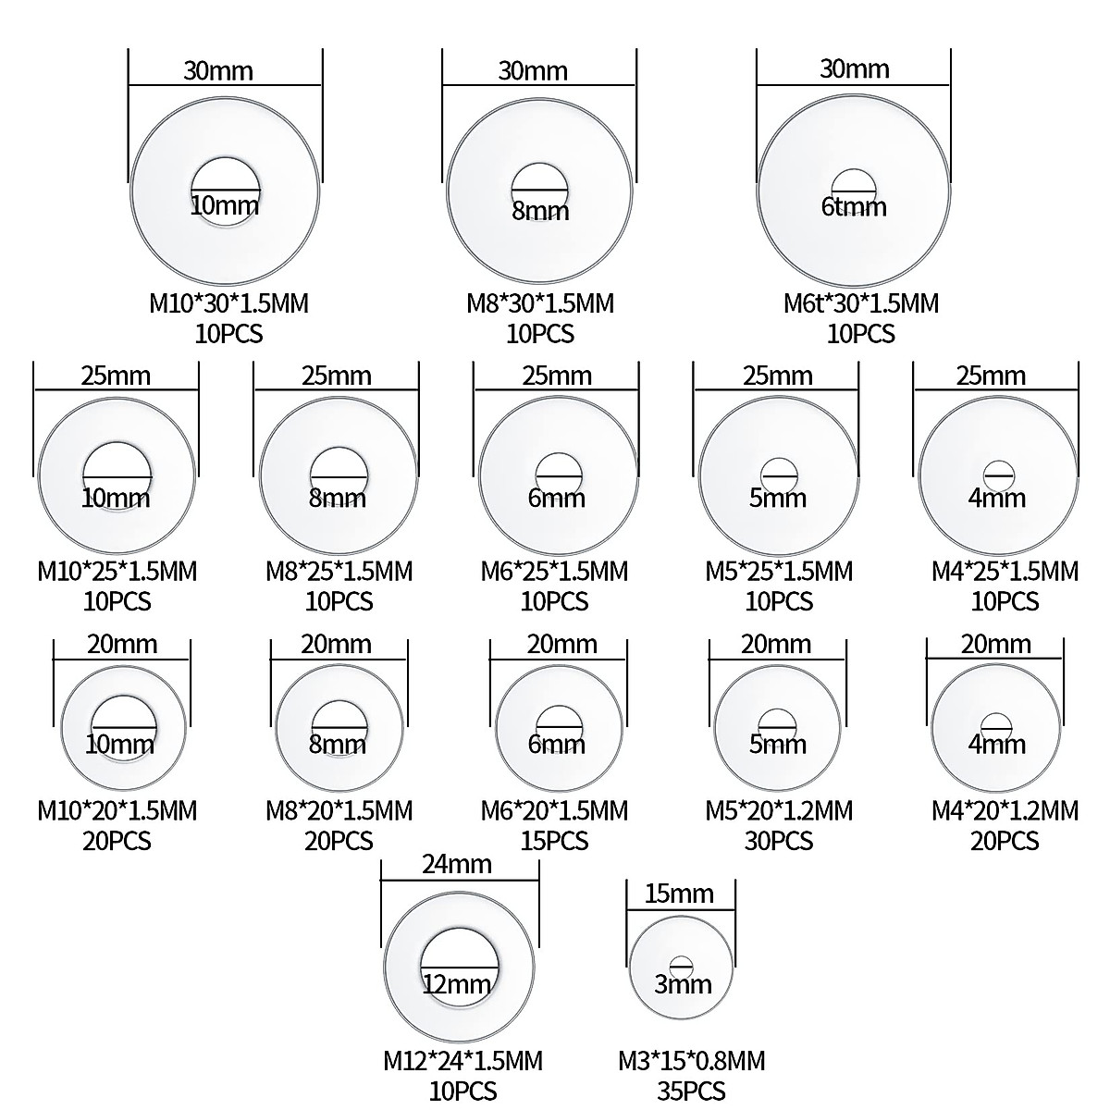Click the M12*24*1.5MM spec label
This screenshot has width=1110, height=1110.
point(463,1061)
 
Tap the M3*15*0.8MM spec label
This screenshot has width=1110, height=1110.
point(692,1061)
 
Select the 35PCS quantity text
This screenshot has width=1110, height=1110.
point(691,1091)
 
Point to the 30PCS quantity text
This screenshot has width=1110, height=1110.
point(779,842)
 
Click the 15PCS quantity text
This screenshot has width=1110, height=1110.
point(555,842)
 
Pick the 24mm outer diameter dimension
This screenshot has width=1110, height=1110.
point(457,865)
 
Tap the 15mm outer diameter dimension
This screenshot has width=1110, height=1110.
point(679,894)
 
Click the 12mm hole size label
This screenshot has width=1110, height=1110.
point(457,984)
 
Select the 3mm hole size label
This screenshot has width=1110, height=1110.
point(684,984)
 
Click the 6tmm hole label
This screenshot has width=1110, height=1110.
point(854,207)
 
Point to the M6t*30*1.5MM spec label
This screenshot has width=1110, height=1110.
point(861,303)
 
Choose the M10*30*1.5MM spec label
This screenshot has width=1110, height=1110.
point(228,303)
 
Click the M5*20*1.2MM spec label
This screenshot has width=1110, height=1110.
point(779,811)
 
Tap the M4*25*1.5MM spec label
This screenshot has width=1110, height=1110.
point(1005,572)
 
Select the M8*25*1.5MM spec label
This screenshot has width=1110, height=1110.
point(339,572)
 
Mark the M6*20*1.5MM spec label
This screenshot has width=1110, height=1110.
point(555,811)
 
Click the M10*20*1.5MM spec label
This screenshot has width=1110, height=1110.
point(117,811)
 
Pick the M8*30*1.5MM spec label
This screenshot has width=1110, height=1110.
point(540,303)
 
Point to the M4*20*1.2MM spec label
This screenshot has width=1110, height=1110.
point(1005,811)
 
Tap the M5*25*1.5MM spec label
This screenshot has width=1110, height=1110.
point(779,572)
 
